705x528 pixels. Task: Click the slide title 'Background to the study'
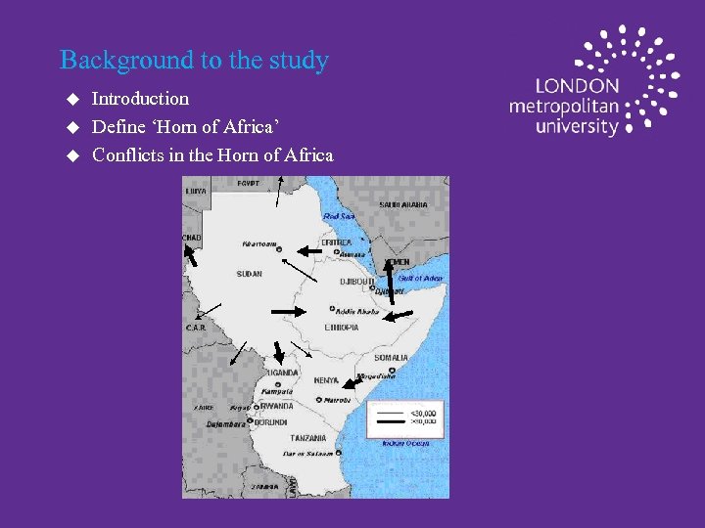click(x=194, y=61)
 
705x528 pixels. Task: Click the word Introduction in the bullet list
click(x=140, y=99)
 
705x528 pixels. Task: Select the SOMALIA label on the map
click(x=390, y=358)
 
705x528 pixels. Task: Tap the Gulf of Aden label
click(x=420, y=279)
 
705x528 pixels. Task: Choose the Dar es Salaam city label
click(x=310, y=454)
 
